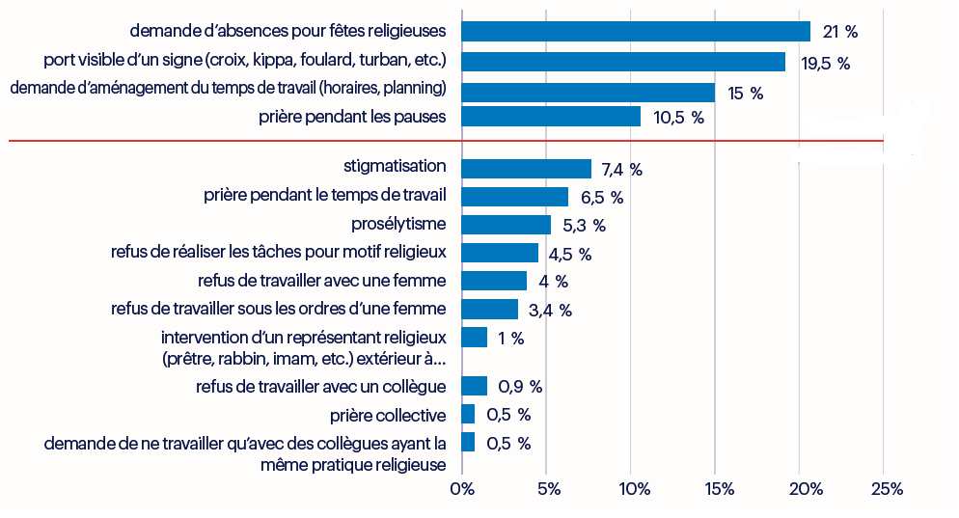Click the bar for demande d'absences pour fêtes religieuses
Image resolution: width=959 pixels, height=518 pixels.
(x=636, y=31)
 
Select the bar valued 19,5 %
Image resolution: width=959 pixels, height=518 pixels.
(x=623, y=62)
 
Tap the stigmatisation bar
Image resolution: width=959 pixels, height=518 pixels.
(x=527, y=169)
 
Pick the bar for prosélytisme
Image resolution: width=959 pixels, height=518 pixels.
(x=507, y=225)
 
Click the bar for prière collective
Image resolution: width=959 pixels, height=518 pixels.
(x=469, y=415)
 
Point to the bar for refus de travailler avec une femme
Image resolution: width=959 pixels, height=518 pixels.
(x=495, y=281)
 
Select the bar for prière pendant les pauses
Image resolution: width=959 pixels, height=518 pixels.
(x=551, y=117)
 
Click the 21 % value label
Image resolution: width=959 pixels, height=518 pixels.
(x=839, y=32)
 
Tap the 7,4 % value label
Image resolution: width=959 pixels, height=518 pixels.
(x=621, y=170)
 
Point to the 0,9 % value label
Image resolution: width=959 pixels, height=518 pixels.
(x=520, y=387)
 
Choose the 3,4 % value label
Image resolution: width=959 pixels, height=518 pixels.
(x=551, y=311)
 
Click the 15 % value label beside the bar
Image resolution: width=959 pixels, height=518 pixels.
(x=745, y=94)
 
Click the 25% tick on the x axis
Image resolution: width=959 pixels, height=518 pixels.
(x=885, y=489)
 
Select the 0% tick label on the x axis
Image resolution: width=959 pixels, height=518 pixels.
(x=462, y=489)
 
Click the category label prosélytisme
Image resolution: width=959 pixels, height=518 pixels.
(x=398, y=225)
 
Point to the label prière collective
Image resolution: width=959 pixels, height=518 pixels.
(x=388, y=415)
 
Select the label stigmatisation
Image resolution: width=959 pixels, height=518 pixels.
(x=395, y=166)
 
